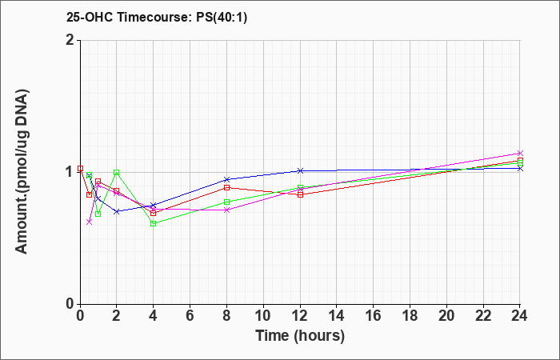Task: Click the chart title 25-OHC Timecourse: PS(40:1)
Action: (x=157, y=17)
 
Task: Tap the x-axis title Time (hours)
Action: (x=300, y=336)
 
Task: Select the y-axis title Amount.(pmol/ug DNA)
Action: (x=22, y=172)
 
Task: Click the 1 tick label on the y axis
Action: (x=70, y=172)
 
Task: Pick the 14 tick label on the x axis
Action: (x=337, y=316)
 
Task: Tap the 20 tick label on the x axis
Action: (x=446, y=316)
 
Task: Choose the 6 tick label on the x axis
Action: (x=190, y=316)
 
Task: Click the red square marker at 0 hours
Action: (x=80, y=168)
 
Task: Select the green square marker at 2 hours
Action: (x=117, y=173)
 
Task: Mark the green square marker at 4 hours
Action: (x=154, y=223)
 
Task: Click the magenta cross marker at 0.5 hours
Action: (x=90, y=222)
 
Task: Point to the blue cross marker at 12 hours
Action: (x=300, y=170)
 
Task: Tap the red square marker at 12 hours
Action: (x=300, y=194)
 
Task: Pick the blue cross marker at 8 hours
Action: (x=226, y=179)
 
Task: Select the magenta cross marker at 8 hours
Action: (x=226, y=210)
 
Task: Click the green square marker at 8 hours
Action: (x=226, y=202)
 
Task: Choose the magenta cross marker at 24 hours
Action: (x=520, y=154)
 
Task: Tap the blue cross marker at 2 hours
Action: (x=117, y=211)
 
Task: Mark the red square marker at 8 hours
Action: (x=226, y=187)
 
